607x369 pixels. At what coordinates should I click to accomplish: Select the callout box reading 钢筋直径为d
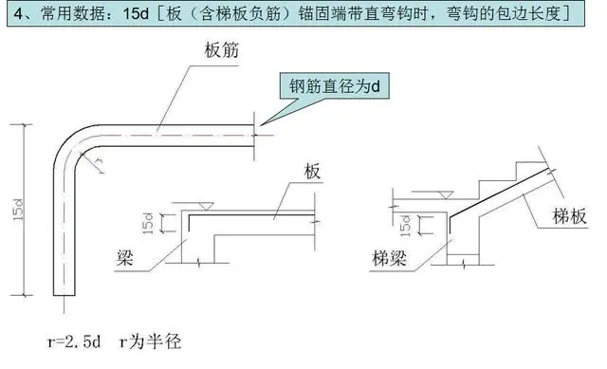click(334, 88)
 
